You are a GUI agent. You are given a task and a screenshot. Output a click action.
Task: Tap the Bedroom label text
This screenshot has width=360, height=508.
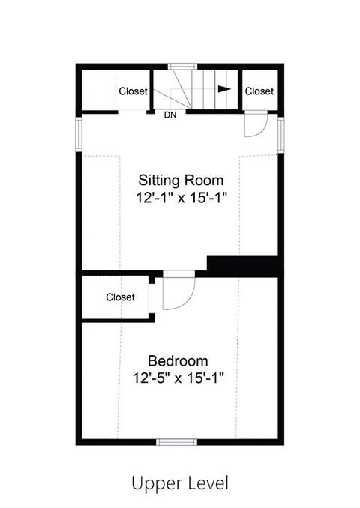(x=178, y=360)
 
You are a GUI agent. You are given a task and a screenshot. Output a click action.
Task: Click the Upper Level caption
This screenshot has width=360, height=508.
(x=179, y=482)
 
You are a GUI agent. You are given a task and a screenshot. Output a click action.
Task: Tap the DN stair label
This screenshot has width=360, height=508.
(x=170, y=115)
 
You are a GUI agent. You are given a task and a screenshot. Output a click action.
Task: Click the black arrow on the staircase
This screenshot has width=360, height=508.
(x=223, y=88)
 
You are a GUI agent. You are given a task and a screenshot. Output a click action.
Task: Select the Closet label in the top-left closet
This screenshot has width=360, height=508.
(x=133, y=91)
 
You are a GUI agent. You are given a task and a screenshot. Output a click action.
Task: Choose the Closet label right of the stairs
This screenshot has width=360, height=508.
(x=259, y=91)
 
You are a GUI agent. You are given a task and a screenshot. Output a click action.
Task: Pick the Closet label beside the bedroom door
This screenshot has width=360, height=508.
(x=120, y=297)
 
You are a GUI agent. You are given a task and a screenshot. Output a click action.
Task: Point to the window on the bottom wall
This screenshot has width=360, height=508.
(x=177, y=441)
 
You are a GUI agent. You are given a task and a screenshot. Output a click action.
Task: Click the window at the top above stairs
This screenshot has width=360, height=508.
(x=181, y=66)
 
